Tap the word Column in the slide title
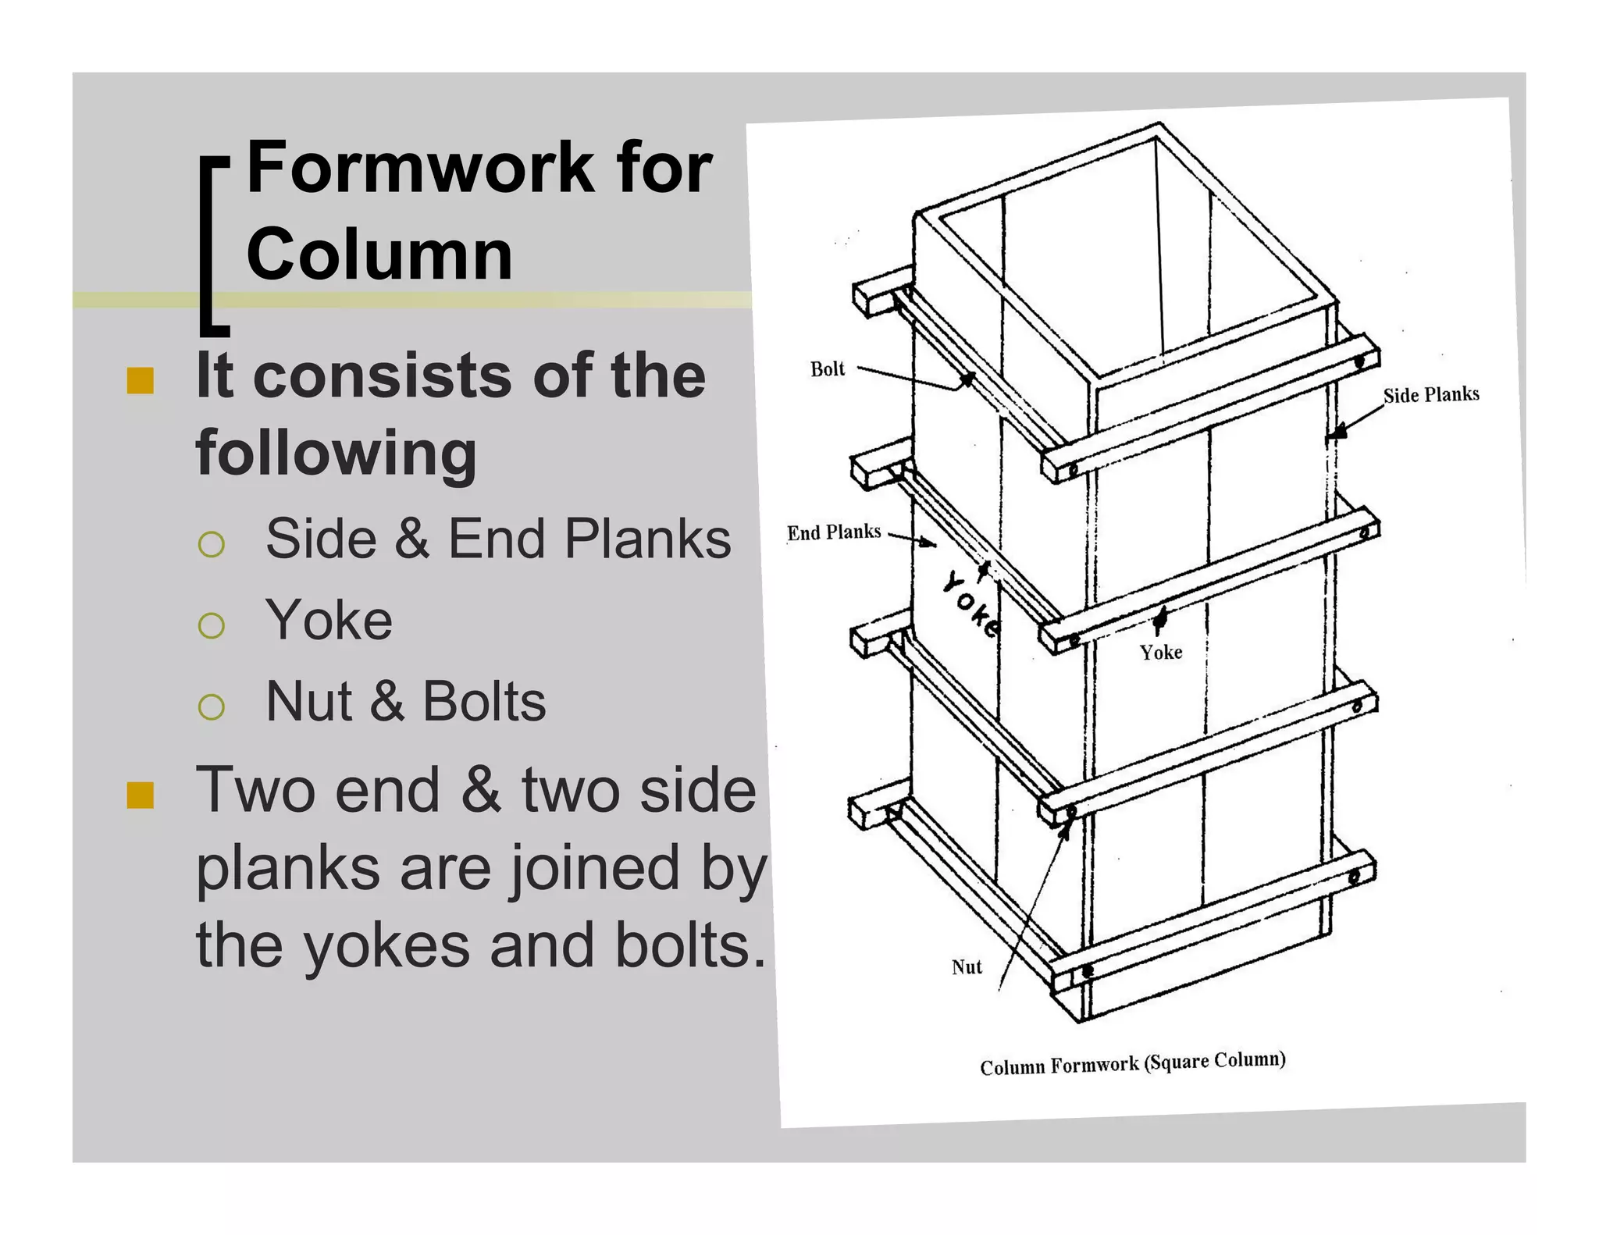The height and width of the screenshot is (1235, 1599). click(379, 254)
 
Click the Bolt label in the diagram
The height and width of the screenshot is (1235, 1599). click(827, 368)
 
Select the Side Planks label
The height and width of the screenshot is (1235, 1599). click(1430, 395)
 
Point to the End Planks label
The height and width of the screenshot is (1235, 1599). click(833, 532)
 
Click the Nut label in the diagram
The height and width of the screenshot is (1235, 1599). click(966, 967)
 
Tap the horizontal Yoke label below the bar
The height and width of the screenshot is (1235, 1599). click(1160, 652)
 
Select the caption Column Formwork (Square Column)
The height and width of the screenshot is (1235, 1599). click(1132, 1063)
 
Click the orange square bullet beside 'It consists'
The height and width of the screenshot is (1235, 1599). click(140, 381)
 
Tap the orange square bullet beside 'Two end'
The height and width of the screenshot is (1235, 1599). click(140, 795)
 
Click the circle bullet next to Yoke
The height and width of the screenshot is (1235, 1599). click(212, 625)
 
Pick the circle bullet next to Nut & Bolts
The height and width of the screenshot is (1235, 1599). click(212, 706)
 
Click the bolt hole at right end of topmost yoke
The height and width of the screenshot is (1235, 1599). click(1359, 361)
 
